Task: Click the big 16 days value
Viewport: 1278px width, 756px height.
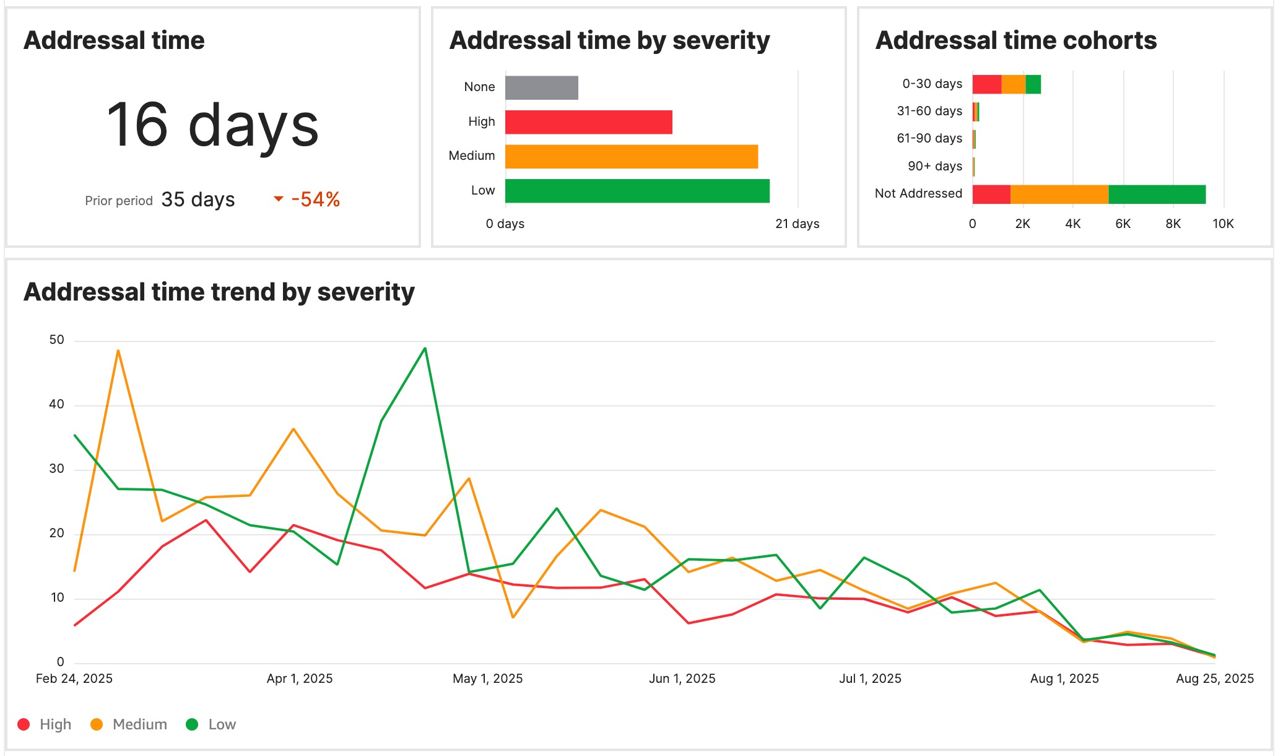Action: tap(212, 126)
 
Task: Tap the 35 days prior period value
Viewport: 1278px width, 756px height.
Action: tap(198, 200)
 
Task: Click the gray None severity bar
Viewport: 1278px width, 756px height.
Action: tap(541, 87)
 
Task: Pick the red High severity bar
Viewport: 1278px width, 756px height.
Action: tap(588, 122)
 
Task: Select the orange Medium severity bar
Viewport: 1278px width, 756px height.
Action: tap(631, 157)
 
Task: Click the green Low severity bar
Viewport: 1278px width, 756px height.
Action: tap(637, 191)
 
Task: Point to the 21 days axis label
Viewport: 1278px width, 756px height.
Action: tap(797, 224)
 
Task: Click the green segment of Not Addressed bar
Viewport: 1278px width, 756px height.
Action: tap(1157, 194)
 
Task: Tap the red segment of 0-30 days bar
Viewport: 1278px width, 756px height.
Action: tap(986, 84)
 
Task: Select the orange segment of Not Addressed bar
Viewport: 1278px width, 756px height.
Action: tap(1059, 194)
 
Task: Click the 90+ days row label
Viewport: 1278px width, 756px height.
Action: tap(934, 166)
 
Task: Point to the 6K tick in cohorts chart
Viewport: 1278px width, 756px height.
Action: tap(1123, 224)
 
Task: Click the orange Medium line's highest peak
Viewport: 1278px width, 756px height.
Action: tap(118, 351)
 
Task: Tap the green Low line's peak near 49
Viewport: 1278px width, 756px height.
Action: tap(425, 348)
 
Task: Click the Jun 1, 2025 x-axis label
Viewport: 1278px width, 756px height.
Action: tap(682, 679)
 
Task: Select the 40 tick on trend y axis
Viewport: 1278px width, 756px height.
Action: tap(56, 405)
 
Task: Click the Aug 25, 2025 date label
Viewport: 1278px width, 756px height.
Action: tap(1214, 679)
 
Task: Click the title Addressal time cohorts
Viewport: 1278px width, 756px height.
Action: tap(1015, 40)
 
